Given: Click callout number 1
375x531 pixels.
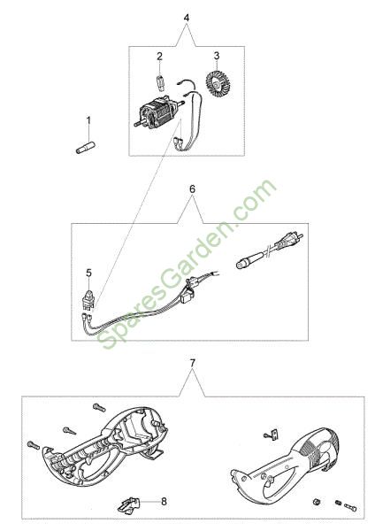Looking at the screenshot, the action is [x=88, y=120].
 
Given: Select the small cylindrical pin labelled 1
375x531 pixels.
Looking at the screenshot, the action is [x=86, y=149].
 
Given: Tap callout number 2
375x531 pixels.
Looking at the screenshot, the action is [x=159, y=57].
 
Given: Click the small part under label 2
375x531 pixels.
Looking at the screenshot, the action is [x=161, y=83].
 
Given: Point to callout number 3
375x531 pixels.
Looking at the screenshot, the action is [x=217, y=56].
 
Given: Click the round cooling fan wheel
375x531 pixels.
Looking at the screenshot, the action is [x=217, y=84].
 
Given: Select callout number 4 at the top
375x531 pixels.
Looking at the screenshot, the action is [x=186, y=18].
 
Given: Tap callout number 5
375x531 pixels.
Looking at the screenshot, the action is [x=88, y=273].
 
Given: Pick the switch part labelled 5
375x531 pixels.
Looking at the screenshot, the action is [x=88, y=298].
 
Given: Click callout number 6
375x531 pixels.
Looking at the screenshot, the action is [x=192, y=189].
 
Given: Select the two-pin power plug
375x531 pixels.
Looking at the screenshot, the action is [x=290, y=241].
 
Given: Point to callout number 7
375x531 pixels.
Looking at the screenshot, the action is [x=192, y=364].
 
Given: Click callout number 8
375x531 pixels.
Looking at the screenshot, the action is [x=164, y=501].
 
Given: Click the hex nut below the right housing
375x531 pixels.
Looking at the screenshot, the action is [x=316, y=502].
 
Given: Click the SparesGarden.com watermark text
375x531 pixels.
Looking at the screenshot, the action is [x=188, y=265].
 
